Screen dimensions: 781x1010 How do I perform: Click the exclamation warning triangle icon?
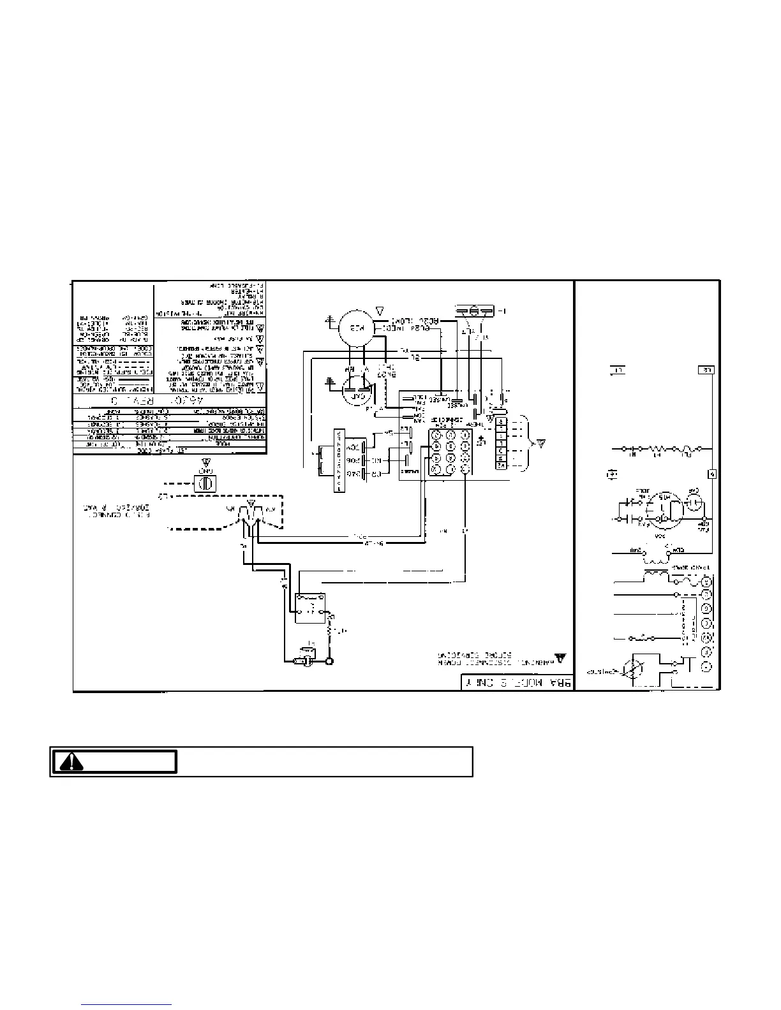coord(72,762)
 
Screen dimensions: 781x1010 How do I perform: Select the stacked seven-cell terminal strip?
coord(502,443)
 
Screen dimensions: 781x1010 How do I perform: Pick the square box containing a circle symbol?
coord(205,483)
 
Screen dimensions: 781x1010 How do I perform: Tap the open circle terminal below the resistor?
coord(329,661)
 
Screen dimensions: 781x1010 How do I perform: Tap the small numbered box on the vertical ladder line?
coord(712,474)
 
